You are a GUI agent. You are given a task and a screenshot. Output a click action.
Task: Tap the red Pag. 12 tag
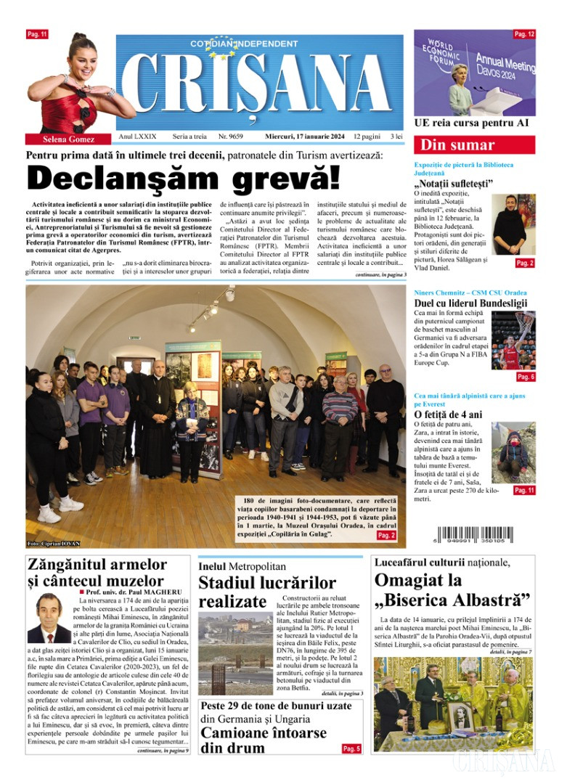coord(524,34)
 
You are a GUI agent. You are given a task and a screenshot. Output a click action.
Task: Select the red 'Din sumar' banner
coord(474,144)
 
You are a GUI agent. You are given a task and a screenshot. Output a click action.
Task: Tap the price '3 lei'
coord(396,136)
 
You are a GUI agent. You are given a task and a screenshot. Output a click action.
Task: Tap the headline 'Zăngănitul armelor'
coord(97,565)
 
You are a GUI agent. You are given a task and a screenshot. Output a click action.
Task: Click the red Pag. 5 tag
coord(351,748)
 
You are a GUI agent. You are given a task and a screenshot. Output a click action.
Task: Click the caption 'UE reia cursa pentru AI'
coord(471,123)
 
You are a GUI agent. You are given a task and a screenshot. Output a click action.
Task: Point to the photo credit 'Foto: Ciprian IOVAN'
coord(54,543)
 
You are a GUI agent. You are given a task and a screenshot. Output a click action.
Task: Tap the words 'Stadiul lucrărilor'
coord(267,582)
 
